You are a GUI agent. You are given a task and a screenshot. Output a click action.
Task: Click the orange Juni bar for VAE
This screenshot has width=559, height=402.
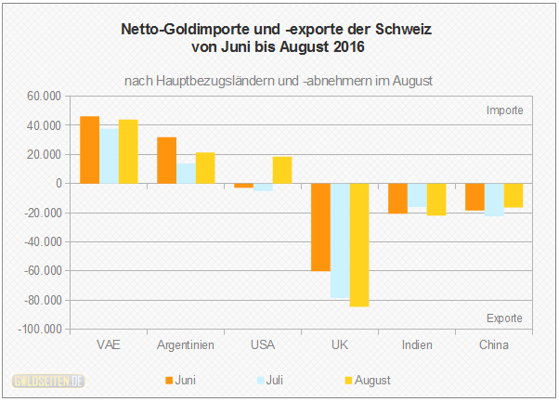pyautogui.click(x=89, y=149)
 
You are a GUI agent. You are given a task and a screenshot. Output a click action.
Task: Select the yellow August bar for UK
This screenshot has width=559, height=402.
pyautogui.click(x=358, y=245)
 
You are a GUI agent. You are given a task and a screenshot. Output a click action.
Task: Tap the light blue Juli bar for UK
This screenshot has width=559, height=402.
pyautogui.click(x=340, y=240)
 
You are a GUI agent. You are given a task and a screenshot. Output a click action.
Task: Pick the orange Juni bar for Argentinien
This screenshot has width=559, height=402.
pyautogui.click(x=166, y=161)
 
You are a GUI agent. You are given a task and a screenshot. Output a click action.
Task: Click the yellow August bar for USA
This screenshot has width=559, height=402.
pyautogui.click(x=281, y=170)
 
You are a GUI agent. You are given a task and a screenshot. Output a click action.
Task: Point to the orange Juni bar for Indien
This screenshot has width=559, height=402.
pyautogui.click(x=397, y=198)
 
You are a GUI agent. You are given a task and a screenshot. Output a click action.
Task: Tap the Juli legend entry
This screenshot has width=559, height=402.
pyautogui.click(x=273, y=380)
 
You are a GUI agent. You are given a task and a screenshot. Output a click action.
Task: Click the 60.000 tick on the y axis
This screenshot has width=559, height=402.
pyautogui.click(x=42, y=96)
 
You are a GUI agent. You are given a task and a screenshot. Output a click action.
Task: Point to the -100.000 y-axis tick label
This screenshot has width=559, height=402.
pyautogui.click(x=38, y=330)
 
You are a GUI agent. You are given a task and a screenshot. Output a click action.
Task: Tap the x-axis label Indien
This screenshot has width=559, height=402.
pyautogui.click(x=417, y=345)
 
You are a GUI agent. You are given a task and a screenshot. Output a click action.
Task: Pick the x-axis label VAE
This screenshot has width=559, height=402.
pyautogui.click(x=108, y=345)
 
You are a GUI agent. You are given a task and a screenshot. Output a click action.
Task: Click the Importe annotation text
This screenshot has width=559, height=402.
pyautogui.click(x=505, y=110)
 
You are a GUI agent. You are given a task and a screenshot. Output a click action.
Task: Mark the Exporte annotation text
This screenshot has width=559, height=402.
pyautogui.click(x=504, y=318)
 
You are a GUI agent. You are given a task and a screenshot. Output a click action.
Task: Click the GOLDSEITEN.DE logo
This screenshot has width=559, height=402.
pyautogui.click(x=48, y=381)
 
